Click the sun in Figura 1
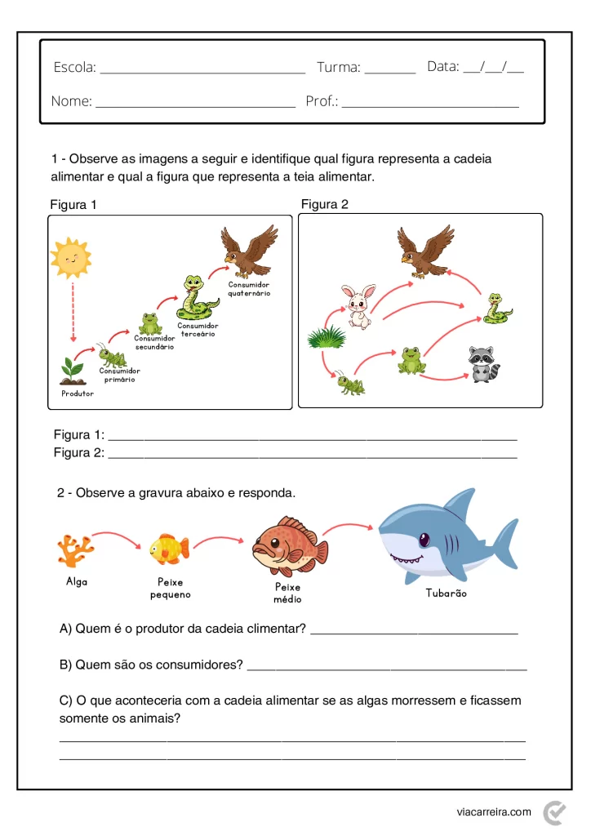coord(70,258)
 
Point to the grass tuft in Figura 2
coord(327,336)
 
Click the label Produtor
coord(78,394)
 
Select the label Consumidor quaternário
coord(249,289)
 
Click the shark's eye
coord(424,540)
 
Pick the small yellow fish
coord(169,549)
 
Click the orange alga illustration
coord(75,550)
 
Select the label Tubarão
coord(447,594)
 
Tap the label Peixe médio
coord(287,593)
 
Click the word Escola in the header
coord(74,68)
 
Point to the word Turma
coord(339,68)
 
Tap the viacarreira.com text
coord(494,812)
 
